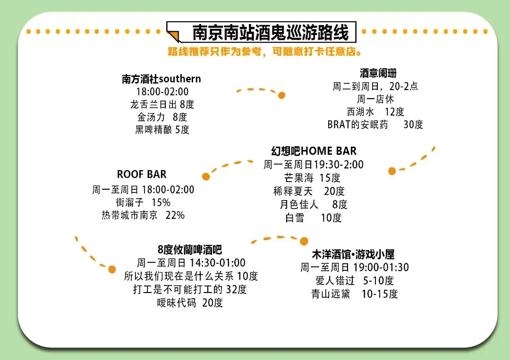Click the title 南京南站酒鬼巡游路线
pos(270,33)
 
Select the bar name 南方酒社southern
pos(161,79)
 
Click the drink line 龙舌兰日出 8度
pos(162,104)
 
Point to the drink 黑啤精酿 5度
pos(162,130)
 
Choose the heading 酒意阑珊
pos(378,73)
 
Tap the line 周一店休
pos(375,99)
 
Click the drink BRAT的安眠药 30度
pos(375,125)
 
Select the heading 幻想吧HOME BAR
pos(314,151)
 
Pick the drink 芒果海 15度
pos(312,178)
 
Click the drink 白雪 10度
pos(313,218)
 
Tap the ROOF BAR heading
pos(142,174)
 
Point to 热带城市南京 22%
pos(143,215)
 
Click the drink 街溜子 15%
pos(143,202)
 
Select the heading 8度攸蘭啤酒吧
pos(190,250)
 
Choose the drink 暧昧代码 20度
pos(190,302)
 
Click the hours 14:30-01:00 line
pos(191,263)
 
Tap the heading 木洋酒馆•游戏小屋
pos(353,255)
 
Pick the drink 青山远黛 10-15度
pos(355,294)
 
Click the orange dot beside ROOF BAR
pos(206,176)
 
